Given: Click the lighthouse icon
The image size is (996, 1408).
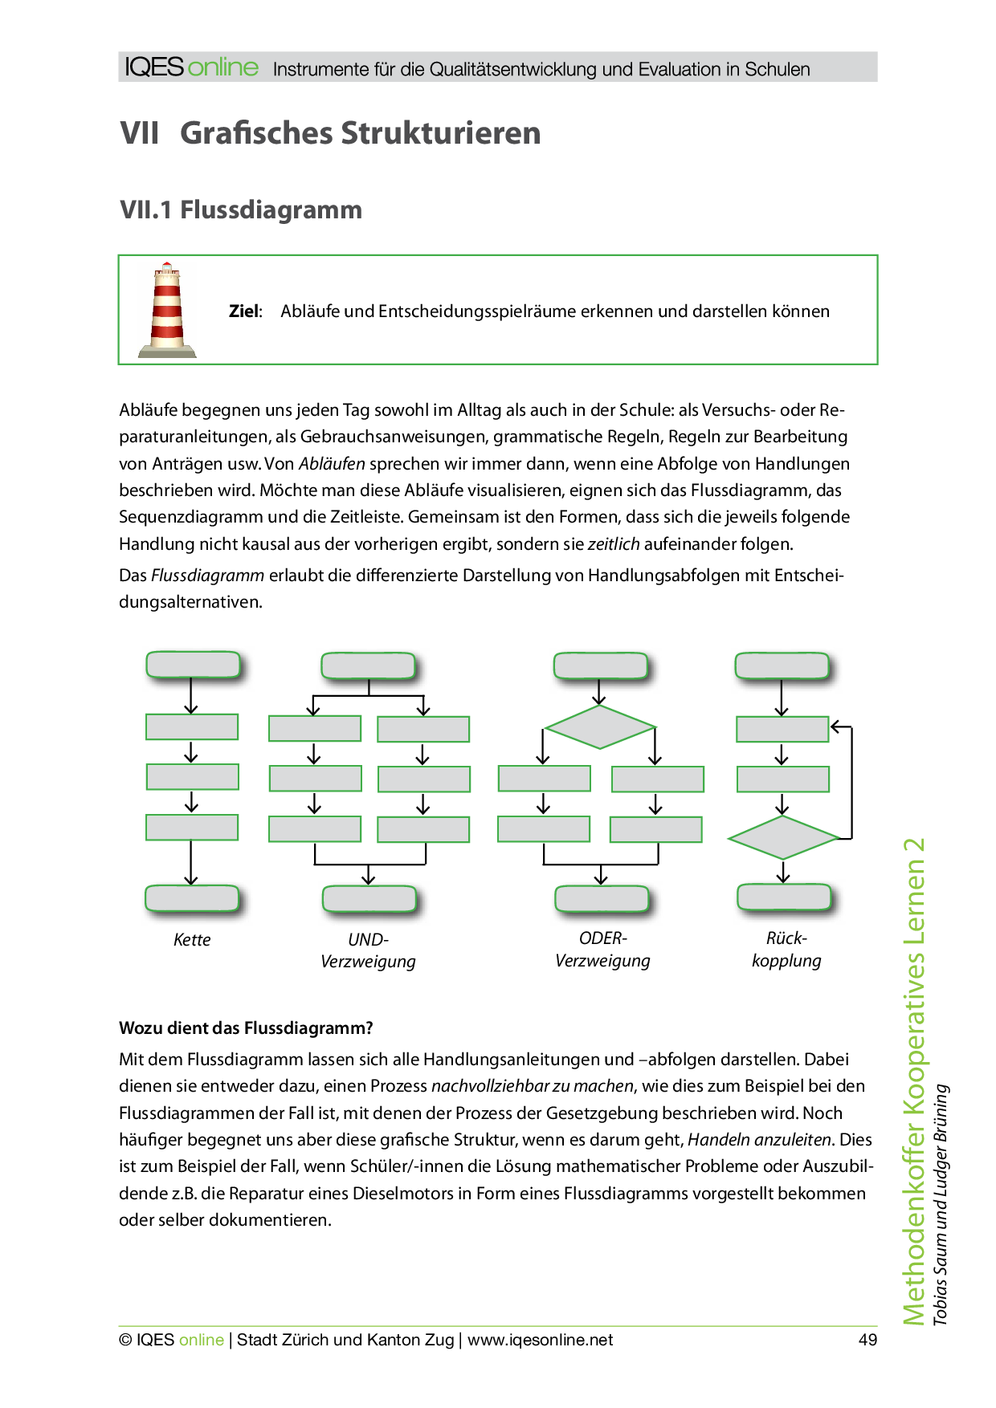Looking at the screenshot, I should pyautogui.click(x=167, y=310).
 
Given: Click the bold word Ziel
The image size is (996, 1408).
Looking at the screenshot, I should pyautogui.click(x=245, y=311).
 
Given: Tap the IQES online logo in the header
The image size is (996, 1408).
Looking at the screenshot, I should pyautogui.click(x=192, y=67).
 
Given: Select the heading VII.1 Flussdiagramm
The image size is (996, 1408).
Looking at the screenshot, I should pyautogui.click(x=241, y=210).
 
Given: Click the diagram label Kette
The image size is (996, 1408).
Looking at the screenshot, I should pyautogui.click(x=192, y=940).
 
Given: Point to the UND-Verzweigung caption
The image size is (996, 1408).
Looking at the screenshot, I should pyautogui.click(x=368, y=950).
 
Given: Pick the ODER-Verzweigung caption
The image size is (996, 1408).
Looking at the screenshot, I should pyautogui.click(x=602, y=950).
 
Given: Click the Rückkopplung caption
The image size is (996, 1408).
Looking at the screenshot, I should pyautogui.click(x=786, y=950).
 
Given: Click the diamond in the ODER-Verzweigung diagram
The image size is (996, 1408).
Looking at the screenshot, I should pyautogui.click(x=600, y=727).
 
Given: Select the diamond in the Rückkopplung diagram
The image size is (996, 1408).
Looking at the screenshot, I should pyautogui.click(x=783, y=838).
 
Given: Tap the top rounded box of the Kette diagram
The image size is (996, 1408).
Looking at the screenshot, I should pyautogui.click(x=193, y=665).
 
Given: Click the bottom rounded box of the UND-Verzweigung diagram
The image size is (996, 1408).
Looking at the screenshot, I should pyautogui.click(x=369, y=899).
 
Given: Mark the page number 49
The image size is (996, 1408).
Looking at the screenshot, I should pyautogui.click(x=867, y=1340).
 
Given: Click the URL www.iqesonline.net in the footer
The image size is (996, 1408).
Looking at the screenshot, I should pyautogui.click(x=540, y=1340).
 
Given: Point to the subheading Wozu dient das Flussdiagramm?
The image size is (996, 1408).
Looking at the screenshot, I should pyautogui.click(x=246, y=1028).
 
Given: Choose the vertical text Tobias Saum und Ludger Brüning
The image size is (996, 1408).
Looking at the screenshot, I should pyautogui.click(x=941, y=1204).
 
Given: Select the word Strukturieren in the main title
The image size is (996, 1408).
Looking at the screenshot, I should pyautogui.click(x=441, y=133).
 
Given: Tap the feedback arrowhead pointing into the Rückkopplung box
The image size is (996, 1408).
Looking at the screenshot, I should pyautogui.click(x=835, y=727).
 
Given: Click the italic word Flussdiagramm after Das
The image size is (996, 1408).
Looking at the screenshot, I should pyautogui.click(x=207, y=576).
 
